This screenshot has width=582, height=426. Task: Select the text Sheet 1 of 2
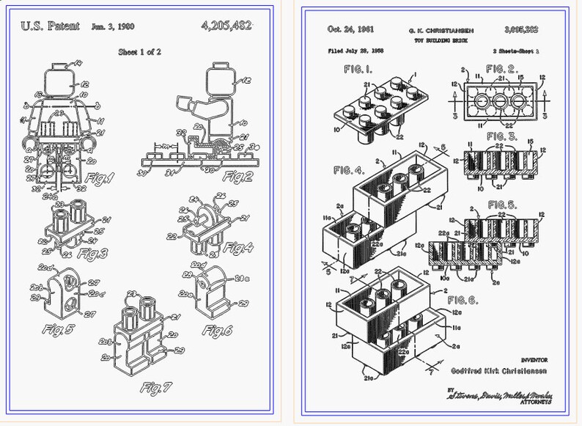[144, 52]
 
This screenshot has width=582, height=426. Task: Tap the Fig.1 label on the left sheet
[100, 177]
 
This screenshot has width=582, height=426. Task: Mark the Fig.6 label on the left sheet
[218, 331]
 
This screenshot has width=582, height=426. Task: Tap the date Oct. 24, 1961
[352, 29]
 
